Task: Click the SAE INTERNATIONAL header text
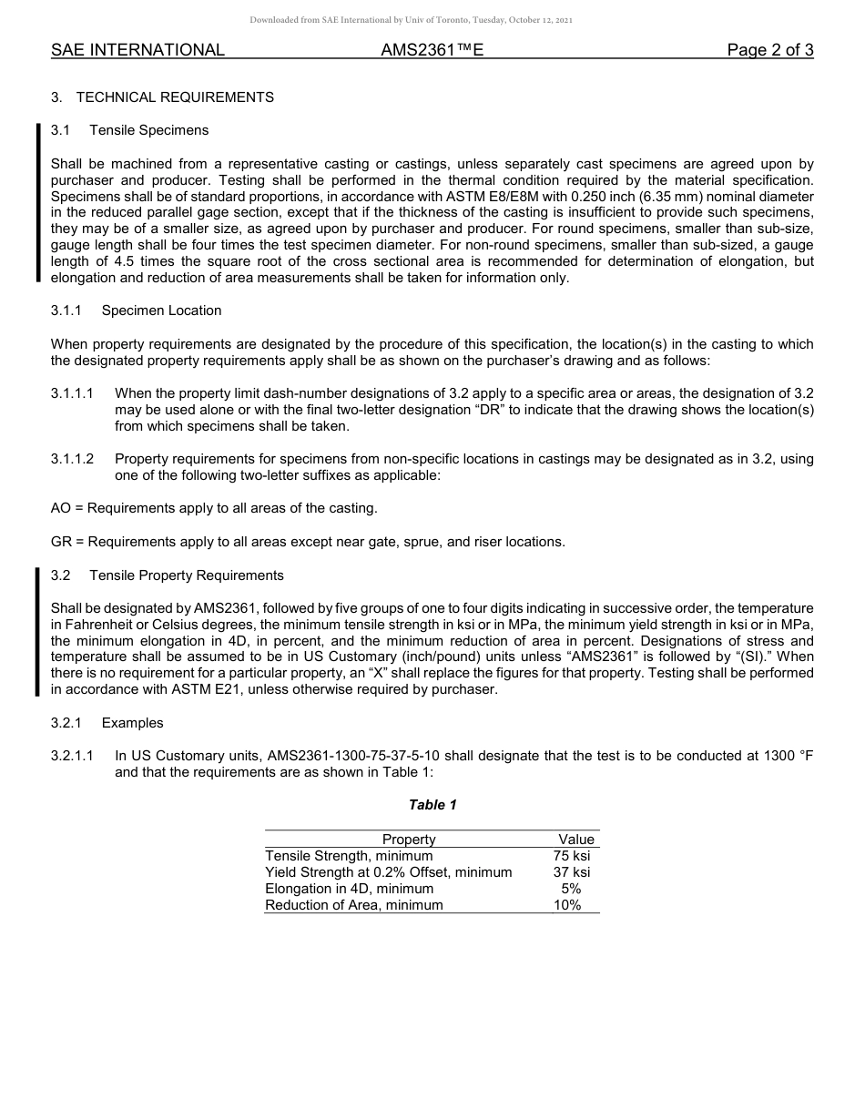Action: pyautogui.click(x=137, y=50)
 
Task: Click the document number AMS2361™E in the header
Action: pyautogui.click(x=432, y=50)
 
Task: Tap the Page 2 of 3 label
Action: pyautogui.click(x=769, y=50)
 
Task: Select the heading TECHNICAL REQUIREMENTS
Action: pyautogui.click(x=175, y=97)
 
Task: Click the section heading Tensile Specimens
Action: pyautogui.click(x=148, y=130)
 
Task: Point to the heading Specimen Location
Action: pyautogui.click(x=161, y=311)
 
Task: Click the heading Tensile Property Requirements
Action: pyautogui.click(x=186, y=575)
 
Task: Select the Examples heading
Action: pyautogui.click(x=132, y=723)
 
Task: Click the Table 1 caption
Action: pyautogui.click(x=432, y=805)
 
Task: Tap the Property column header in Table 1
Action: pyautogui.click(x=409, y=840)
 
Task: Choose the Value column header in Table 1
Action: pyautogui.click(x=575, y=840)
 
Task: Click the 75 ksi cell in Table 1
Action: pyautogui.click(x=571, y=856)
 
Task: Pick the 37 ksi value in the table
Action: pyautogui.click(x=571, y=872)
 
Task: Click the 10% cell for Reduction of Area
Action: pyautogui.click(x=567, y=905)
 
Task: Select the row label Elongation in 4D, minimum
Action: pyautogui.click(x=349, y=889)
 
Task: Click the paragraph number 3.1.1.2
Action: pyautogui.click(x=73, y=459)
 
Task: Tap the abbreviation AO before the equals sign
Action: pyautogui.click(x=60, y=508)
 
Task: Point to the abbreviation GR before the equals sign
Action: pyautogui.click(x=61, y=542)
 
